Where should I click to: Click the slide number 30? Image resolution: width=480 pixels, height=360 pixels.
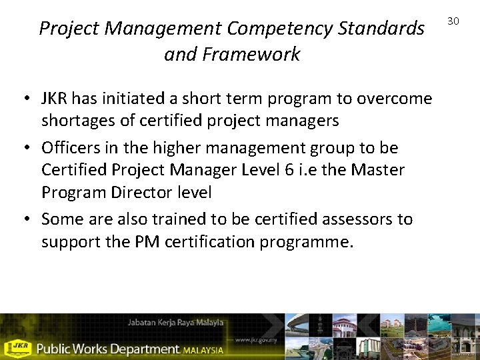coord(453,21)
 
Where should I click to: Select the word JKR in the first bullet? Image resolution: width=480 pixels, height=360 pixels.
coord(55,99)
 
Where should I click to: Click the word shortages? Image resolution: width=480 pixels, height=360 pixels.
coord(73,121)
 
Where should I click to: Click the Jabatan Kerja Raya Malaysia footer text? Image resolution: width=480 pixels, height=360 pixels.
coord(175,323)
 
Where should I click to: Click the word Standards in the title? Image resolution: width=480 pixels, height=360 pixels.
coord(382,29)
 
